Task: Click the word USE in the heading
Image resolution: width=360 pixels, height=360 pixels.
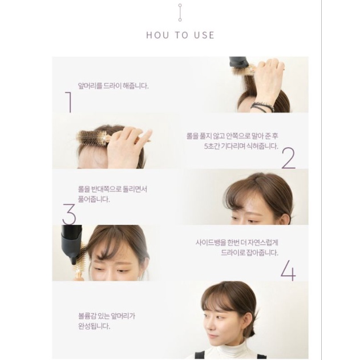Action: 204,35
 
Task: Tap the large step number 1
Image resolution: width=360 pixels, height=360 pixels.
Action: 69,102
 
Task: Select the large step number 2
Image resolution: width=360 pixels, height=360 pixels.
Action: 288,158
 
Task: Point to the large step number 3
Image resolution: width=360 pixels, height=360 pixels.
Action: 69,214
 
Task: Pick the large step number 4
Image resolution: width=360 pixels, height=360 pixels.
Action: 288,270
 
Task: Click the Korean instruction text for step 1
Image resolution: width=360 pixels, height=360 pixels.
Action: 114,86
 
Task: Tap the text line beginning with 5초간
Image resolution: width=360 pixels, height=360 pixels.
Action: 241,146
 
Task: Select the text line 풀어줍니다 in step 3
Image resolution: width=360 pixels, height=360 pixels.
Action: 94,199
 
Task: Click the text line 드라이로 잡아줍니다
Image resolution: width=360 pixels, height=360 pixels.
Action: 249,253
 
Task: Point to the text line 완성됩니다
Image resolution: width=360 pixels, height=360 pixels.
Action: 94,326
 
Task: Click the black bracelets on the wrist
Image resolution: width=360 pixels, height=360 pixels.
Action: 263,107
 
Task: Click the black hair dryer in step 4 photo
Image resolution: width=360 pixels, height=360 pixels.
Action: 72,244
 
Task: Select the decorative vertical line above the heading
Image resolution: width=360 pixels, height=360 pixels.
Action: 180,13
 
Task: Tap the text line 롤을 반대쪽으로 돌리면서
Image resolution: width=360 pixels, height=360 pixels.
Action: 112,189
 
